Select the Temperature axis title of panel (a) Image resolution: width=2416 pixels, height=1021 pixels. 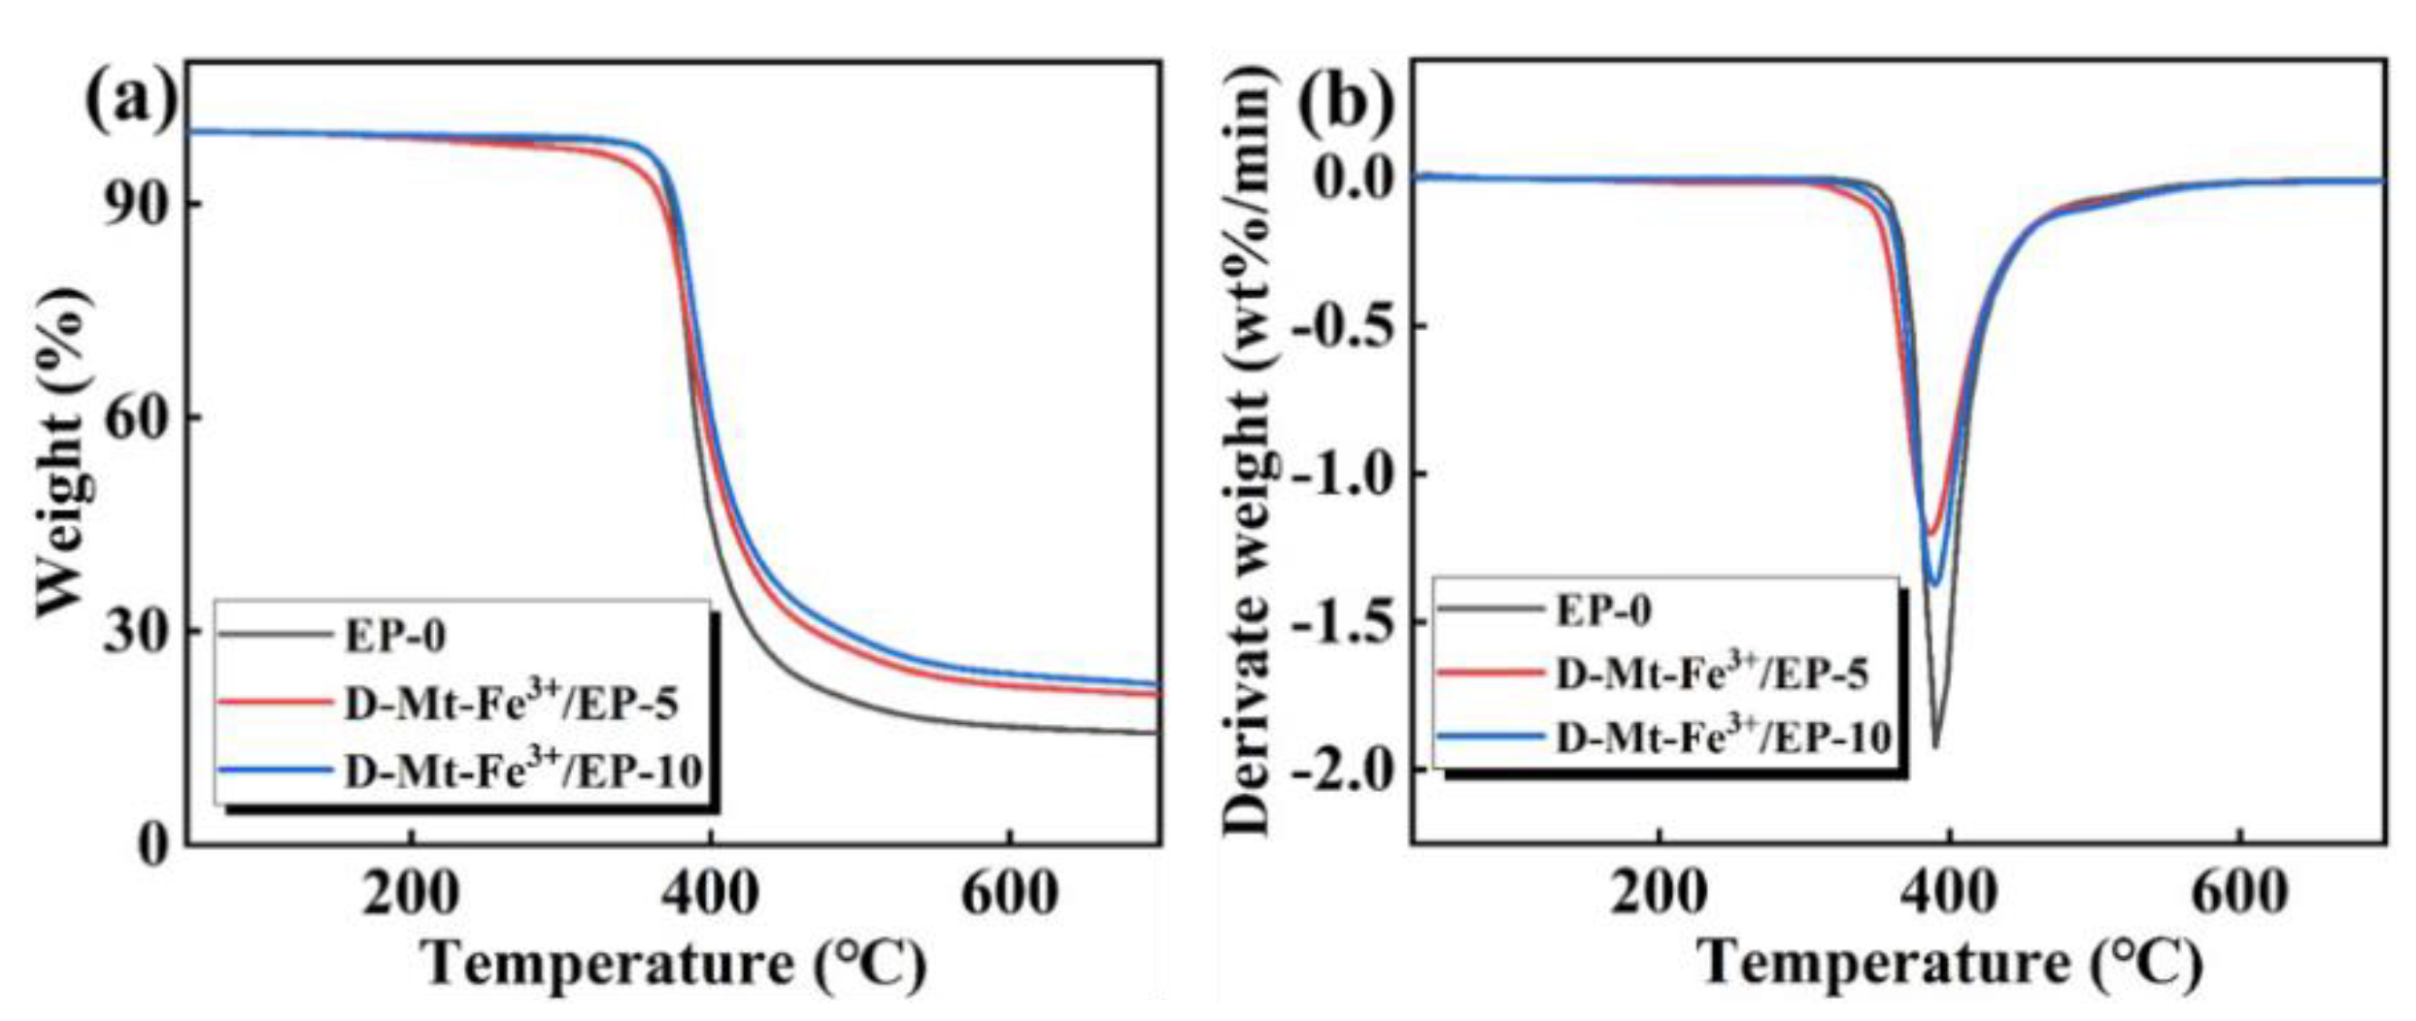coord(674,965)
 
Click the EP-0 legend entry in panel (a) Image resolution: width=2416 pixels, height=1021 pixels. coord(394,637)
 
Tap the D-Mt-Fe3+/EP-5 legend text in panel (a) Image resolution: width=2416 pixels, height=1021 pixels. coord(511,703)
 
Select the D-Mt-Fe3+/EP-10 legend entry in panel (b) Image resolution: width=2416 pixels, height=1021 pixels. coord(1723,739)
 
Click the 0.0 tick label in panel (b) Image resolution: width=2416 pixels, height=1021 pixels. coord(1354,179)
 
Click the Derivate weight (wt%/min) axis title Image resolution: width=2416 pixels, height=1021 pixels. coord(1247,452)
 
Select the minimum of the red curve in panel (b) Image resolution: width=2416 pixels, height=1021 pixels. coord(1931,533)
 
